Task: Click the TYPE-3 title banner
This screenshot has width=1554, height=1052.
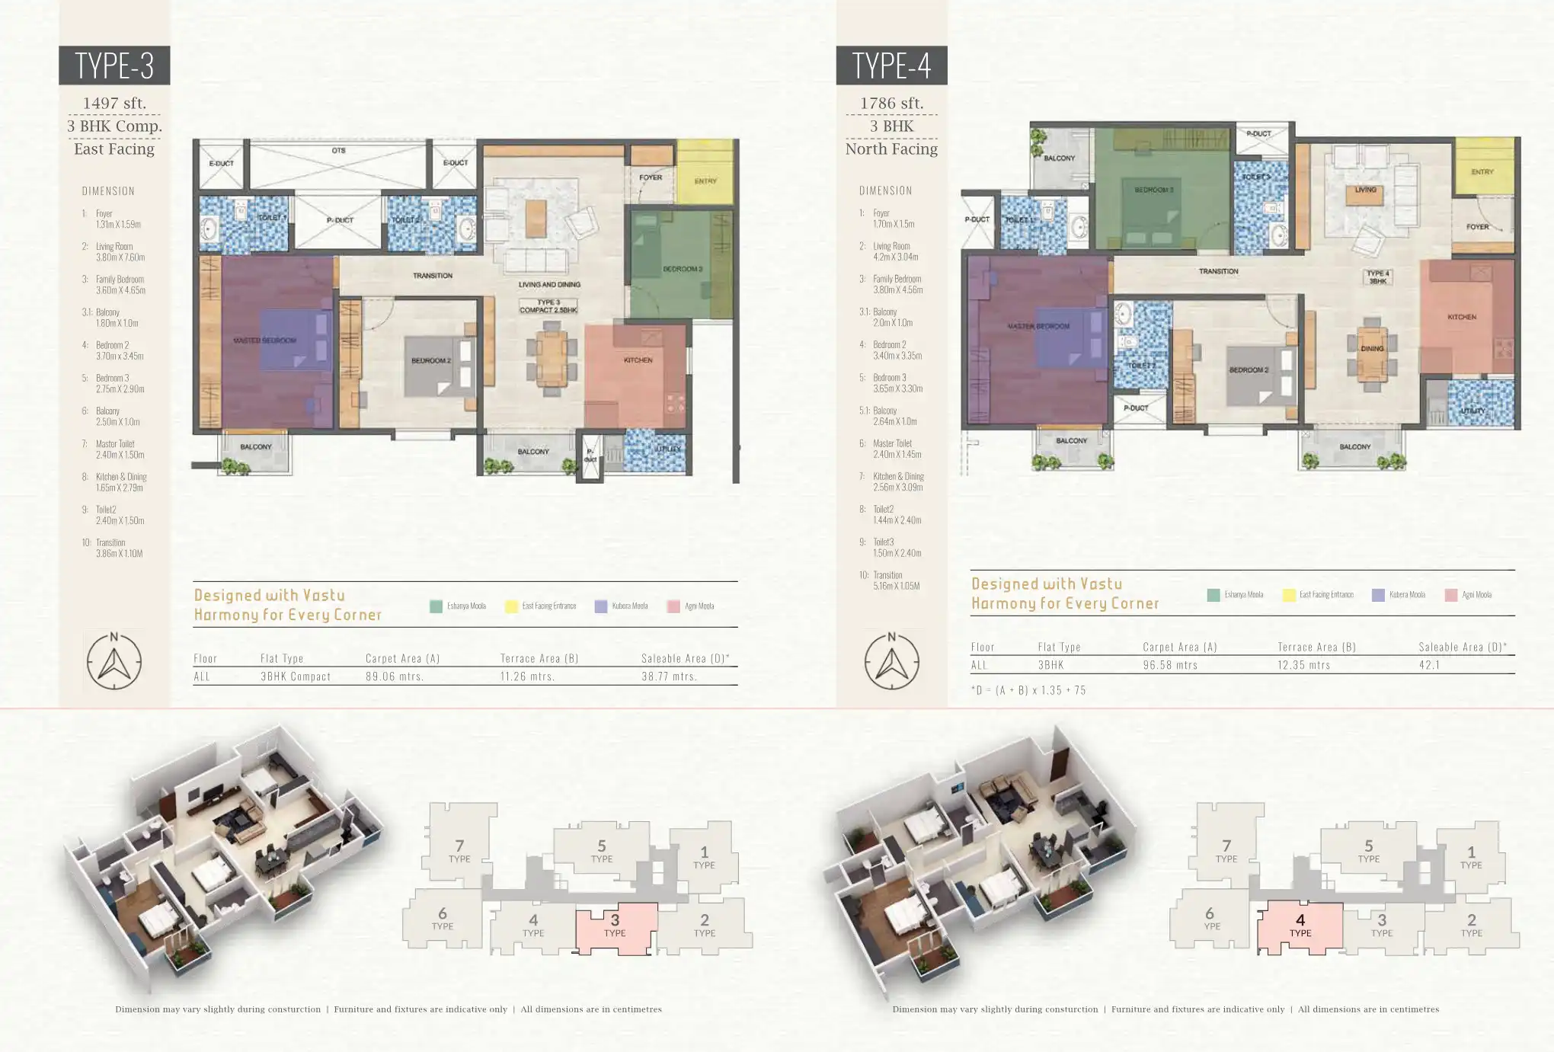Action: pos(114,66)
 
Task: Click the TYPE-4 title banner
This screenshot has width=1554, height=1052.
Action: pos(891,66)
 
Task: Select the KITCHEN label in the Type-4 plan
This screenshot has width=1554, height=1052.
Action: pos(1462,317)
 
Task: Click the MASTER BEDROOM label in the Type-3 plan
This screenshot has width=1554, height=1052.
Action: pos(264,341)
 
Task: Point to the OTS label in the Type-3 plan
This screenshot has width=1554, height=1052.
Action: pos(338,151)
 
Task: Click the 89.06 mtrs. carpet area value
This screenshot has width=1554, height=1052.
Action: pos(394,676)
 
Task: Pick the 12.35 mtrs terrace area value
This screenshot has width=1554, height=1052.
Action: pos(1303,665)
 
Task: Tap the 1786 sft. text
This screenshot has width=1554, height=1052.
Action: pos(891,103)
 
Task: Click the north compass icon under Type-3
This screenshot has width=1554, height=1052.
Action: pos(114,661)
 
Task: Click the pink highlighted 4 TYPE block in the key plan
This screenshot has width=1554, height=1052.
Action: pos(1300,926)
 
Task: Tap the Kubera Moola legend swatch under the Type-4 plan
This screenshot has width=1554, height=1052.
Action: pos(1378,595)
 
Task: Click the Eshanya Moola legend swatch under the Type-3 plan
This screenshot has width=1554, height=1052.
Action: pos(436,606)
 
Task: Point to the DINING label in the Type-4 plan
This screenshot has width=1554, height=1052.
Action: pos(1372,349)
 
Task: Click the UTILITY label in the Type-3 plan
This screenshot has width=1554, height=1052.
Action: pos(668,449)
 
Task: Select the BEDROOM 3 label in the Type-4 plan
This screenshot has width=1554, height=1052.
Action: pos(1153,190)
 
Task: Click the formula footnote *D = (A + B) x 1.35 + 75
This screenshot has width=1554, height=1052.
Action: pos(1028,690)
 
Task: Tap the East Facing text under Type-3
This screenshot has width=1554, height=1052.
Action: pos(114,149)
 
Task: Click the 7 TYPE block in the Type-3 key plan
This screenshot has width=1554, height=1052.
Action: pos(459,850)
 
